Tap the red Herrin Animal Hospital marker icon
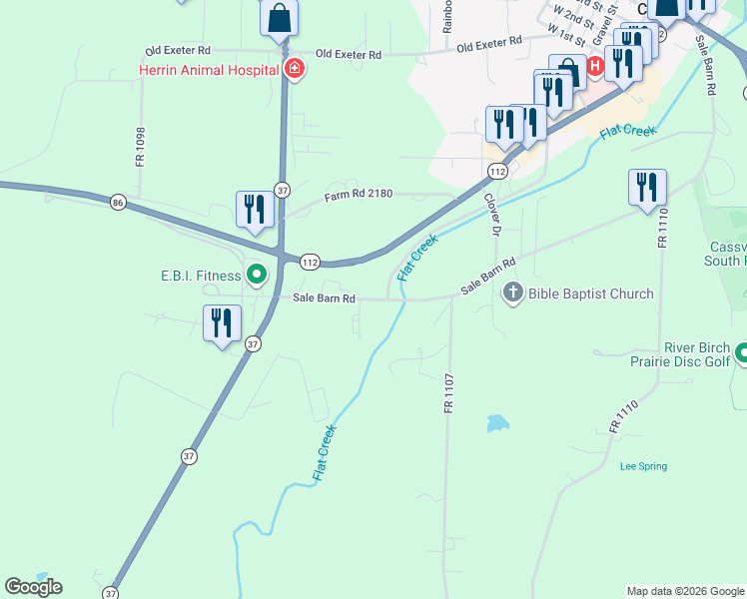click(x=294, y=69)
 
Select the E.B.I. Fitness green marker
click(x=257, y=273)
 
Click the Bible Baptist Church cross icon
click(x=513, y=293)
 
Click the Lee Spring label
click(x=643, y=466)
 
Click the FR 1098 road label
click(x=141, y=147)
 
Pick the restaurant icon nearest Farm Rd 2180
click(x=255, y=209)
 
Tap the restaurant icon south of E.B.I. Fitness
click(x=222, y=322)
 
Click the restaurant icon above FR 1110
click(x=647, y=187)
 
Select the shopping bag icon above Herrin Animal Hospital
click(x=280, y=18)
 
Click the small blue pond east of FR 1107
click(x=497, y=423)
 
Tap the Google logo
click(x=33, y=587)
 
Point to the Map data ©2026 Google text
click(x=685, y=591)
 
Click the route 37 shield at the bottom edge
click(x=109, y=592)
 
